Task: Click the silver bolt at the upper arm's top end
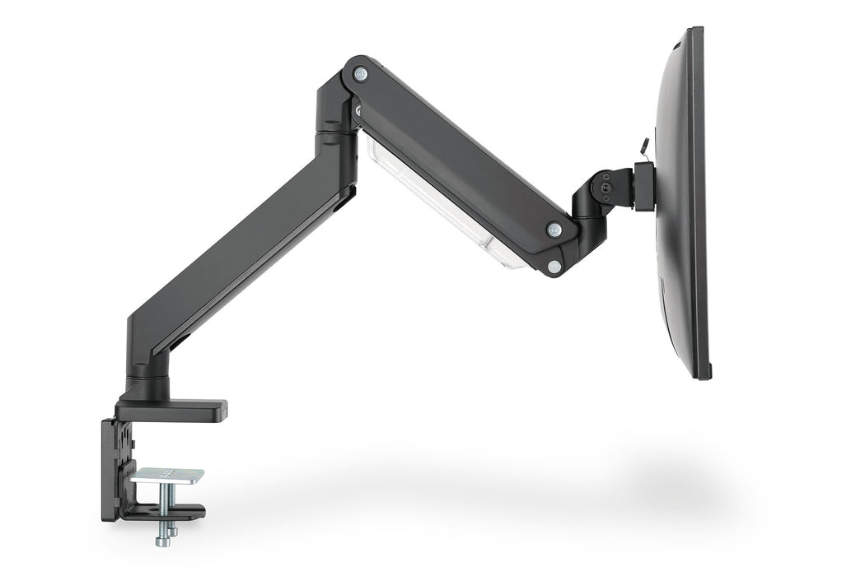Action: (360, 74)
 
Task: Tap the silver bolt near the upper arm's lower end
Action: (554, 230)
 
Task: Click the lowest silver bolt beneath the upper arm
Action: (555, 267)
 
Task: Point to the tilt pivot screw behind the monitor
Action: (607, 188)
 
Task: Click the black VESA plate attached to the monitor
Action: (644, 185)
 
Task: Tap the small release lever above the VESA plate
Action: (642, 147)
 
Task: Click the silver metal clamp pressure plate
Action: (167, 476)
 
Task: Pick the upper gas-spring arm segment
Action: (461, 156)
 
